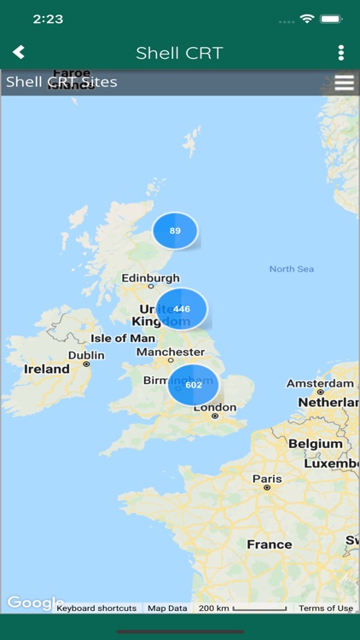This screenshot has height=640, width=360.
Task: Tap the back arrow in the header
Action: point(18,53)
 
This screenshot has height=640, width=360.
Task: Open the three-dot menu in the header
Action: point(340,53)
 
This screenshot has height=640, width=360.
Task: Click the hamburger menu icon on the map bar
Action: point(344,83)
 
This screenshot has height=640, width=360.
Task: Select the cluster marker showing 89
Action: point(175,230)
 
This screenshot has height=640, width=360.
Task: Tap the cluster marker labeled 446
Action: point(182,309)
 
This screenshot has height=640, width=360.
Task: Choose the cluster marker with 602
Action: point(194,385)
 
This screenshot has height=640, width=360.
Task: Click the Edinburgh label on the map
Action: point(151,277)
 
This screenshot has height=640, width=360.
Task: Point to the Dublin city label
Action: point(86,355)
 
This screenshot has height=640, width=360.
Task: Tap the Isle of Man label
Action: point(123,338)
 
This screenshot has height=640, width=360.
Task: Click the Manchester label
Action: point(170,352)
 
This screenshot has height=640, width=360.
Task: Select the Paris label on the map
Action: point(267,479)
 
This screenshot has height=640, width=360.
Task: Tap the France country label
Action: point(269,544)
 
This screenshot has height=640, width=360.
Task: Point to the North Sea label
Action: point(292,269)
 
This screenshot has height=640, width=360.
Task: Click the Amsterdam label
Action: point(320,383)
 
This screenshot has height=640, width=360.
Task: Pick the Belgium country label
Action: point(315,444)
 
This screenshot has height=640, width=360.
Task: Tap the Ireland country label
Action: point(47,369)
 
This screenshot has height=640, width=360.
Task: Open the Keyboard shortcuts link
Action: point(96,608)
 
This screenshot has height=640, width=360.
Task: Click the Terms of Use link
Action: point(325,608)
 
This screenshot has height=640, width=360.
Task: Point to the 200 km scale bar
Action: point(242,608)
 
